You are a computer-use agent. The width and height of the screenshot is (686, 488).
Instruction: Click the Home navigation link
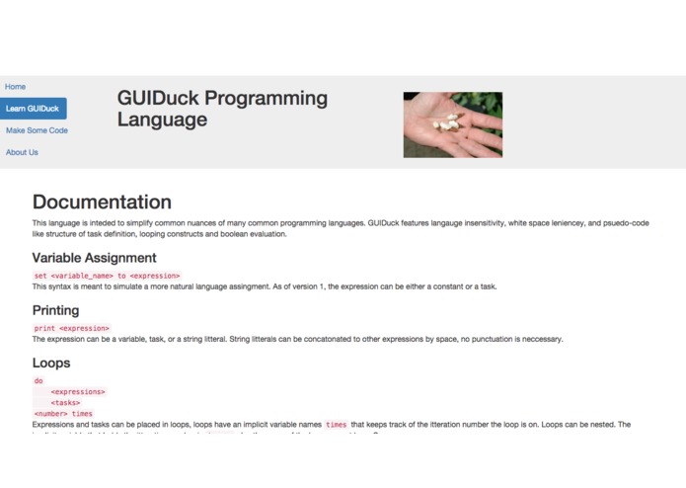pos(15,87)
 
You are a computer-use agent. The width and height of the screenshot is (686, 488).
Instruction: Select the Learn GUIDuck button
pos(33,109)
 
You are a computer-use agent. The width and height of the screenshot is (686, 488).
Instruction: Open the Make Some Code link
pos(37,130)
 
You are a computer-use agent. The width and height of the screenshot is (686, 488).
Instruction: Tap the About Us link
pos(22,152)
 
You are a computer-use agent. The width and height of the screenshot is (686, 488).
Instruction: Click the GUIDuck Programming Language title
pos(222,109)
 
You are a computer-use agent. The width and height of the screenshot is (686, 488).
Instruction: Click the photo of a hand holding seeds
pos(452,124)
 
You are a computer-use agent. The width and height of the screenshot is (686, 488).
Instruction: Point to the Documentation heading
pos(102,202)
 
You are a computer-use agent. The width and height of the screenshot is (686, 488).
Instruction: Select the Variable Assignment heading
pos(94,258)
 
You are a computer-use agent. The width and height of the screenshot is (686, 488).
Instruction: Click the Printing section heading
pos(55,310)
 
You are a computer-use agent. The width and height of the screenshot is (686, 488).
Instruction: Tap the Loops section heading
pos(51,363)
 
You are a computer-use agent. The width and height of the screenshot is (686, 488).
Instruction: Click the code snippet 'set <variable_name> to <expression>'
pos(107,276)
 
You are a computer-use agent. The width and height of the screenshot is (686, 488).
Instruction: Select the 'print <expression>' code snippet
pos(72,328)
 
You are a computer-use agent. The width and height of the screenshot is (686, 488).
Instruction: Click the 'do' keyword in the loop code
pos(38,380)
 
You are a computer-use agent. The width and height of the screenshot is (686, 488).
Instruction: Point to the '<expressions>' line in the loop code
pos(78,392)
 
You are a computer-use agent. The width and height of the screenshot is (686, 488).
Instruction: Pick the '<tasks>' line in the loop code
pos(66,403)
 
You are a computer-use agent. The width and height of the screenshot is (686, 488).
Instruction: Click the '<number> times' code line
pos(63,414)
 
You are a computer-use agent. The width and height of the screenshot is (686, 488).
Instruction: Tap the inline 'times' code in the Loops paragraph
pos(337,424)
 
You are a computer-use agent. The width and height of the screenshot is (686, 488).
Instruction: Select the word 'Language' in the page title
pos(162,120)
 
